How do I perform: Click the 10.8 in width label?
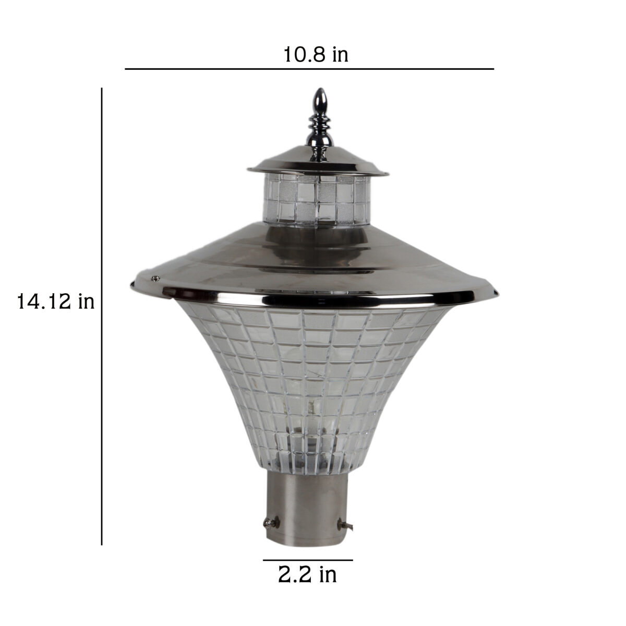pos(316,55)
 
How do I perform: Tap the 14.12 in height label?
pos(55,302)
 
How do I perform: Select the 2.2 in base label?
pos(307,575)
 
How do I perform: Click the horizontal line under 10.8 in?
pos(309,69)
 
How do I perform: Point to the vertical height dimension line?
pos(102,316)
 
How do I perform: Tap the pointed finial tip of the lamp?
pos(321,89)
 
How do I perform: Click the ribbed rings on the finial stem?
pos(320,124)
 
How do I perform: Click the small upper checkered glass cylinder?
pos(317,200)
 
